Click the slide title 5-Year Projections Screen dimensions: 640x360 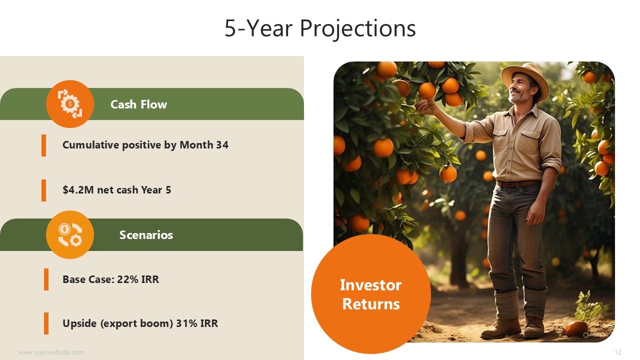pyautogui.click(x=320, y=28)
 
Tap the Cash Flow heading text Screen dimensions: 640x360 pyautogui.click(x=138, y=104)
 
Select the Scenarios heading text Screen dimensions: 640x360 pyautogui.click(x=146, y=235)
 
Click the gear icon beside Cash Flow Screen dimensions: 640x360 pyautogui.click(x=69, y=104)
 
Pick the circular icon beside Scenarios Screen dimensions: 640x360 pyautogui.click(x=69, y=235)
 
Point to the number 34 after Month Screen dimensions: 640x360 pyautogui.click(x=222, y=145)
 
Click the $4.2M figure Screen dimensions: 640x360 pyautogui.click(x=78, y=189)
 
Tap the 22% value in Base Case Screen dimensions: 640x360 pyautogui.click(x=125, y=279)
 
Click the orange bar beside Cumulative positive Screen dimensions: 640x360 pyautogui.click(x=43, y=145)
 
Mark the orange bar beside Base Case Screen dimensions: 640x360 pyautogui.click(x=46, y=279)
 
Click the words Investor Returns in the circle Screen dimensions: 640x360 pyautogui.click(x=371, y=294)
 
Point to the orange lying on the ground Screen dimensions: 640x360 pyautogui.click(x=576, y=328)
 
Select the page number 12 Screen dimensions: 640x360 pyautogui.click(x=617, y=352)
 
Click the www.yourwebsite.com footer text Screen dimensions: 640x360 pyautogui.click(x=51, y=352)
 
